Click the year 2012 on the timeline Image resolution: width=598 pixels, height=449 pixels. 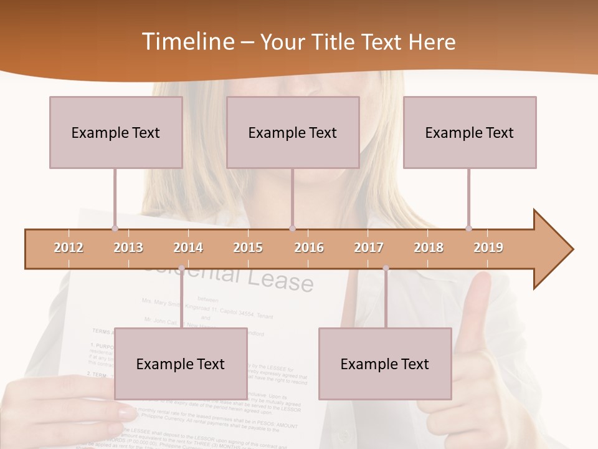pyautogui.click(x=69, y=248)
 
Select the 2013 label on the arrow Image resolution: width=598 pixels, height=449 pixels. pyautogui.click(x=128, y=248)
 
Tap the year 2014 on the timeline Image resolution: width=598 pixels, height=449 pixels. pyautogui.click(x=188, y=248)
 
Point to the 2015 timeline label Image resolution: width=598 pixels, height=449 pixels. pyautogui.click(x=248, y=248)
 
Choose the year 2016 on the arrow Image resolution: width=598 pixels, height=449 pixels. pyautogui.click(x=309, y=248)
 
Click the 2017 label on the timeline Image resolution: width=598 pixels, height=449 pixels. pyautogui.click(x=369, y=248)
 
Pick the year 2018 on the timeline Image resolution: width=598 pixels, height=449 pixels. pyautogui.click(x=429, y=248)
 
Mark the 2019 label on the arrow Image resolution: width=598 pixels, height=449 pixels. pyautogui.click(x=488, y=248)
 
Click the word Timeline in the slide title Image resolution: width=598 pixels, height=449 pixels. pyautogui.click(x=187, y=42)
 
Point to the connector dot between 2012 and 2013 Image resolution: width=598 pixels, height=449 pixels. pyautogui.click(x=115, y=229)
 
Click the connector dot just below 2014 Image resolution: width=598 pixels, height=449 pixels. pyautogui.click(x=181, y=268)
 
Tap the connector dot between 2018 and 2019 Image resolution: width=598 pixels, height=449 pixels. pyautogui.click(x=468, y=229)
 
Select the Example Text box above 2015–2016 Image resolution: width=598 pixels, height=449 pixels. pyautogui.click(x=293, y=132)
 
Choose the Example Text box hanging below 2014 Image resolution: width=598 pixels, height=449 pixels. pyautogui.click(x=181, y=364)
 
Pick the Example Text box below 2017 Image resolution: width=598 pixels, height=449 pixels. pyautogui.click(x=385, y=364)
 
